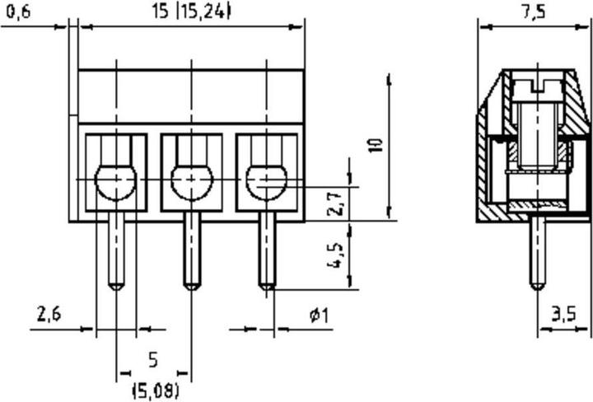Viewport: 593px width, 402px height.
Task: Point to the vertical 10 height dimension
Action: tap(376, 147)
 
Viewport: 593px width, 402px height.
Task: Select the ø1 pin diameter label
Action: tap(319, 315)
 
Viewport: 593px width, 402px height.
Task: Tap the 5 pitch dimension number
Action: tap(152, 359)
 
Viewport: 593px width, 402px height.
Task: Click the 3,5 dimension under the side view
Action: tap(564, 314)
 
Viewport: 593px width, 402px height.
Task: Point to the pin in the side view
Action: tap(537, 251)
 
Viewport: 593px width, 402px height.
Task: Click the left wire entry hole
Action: tap(116, 182)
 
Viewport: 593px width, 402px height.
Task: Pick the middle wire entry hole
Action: tap(191, 182)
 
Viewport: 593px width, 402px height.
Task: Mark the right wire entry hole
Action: tap(266, 182)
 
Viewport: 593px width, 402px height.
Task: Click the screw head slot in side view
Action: tap(537, 82)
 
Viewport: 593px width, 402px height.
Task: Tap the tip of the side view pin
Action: tap(537, 286)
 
